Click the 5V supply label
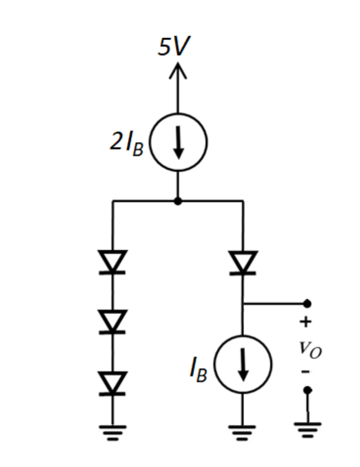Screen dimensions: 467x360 coord(174,48)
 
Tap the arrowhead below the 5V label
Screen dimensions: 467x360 coord(178,71)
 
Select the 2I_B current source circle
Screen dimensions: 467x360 coord(178,143)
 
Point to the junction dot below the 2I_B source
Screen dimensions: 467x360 coord(178,201)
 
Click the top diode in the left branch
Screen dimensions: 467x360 coord(113,262)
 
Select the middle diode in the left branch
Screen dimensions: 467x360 coord(113,322)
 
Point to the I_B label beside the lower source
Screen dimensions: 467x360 coord(199,370)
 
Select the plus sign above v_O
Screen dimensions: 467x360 coord(305,322)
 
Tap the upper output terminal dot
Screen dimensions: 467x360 coord(307,303)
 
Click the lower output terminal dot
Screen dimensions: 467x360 coord(307,390)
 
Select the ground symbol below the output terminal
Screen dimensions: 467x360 coord(307,428)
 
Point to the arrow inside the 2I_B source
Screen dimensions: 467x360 coord(178,144)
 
